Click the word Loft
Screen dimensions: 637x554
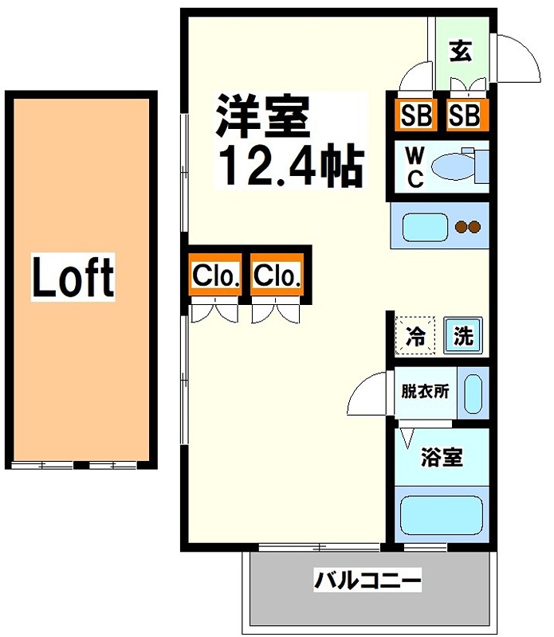coord(73,276)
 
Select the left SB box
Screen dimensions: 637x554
coord(415,116)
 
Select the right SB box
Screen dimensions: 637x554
coord(463,116)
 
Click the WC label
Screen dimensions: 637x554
coord(415,167)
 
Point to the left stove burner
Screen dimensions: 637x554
coord(461,228)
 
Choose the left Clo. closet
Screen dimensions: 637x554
coord(215,276)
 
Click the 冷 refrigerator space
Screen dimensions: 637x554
coord(416,335)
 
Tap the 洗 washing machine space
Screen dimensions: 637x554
coord(463,335)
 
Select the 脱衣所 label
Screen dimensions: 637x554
coord(424,392)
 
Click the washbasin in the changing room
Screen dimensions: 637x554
coord(473,393)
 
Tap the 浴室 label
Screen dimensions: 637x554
coord(441,458)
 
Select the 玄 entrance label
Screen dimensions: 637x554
coord(460,52)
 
